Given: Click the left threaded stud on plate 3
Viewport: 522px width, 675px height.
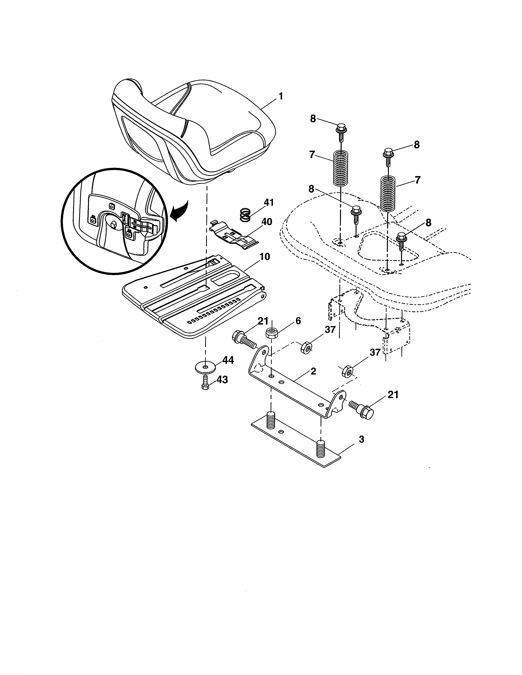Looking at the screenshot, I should click(271, 420).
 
